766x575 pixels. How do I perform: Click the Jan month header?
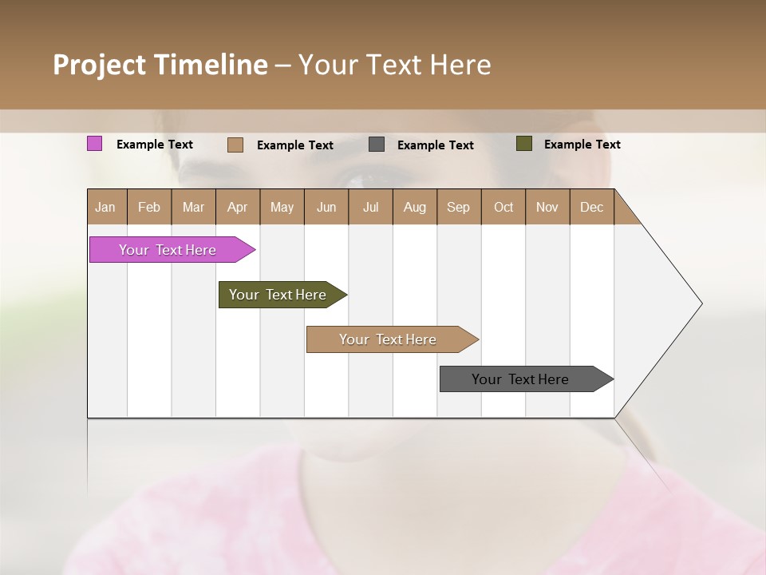point(106,207)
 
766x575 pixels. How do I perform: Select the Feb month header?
point(149,207)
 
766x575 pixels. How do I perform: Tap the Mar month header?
point(193,207)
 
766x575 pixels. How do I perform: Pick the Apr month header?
point(238,207)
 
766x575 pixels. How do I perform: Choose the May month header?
point(282,207)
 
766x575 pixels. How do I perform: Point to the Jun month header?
point(326,207)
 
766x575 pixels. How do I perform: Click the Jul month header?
point(371,207)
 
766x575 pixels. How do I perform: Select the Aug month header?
point(415,207)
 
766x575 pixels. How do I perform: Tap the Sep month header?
point(459,207)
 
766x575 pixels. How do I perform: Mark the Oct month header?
point(503,207)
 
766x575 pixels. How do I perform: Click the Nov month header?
point(547,207)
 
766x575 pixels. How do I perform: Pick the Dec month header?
point(592,207)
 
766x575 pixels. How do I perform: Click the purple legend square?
point(94,144)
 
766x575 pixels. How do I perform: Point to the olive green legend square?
point(523,144)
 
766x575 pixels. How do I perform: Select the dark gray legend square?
point(377,145)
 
